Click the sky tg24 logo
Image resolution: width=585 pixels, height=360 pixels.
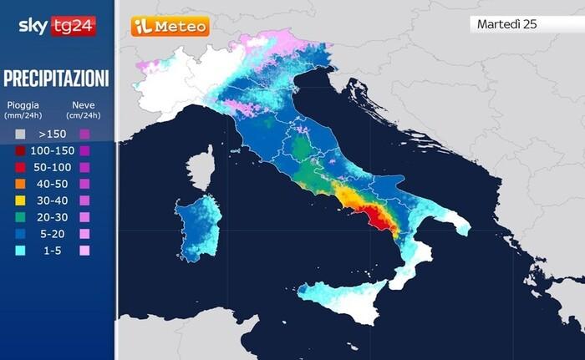pyautogui.click(x=57, y=25)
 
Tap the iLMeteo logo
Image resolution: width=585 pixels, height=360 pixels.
pyautogui.click(x=170, y=27)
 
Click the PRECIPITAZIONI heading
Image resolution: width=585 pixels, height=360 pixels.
pyautogui.click(x=56, y=79)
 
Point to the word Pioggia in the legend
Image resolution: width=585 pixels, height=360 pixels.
pyautogui.click(x=23, y=105)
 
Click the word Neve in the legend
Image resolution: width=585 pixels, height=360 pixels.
pyautogui.click(x=83, y=105)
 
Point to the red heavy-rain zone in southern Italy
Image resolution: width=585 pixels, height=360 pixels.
pyautogui.click(x=382, y=219)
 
